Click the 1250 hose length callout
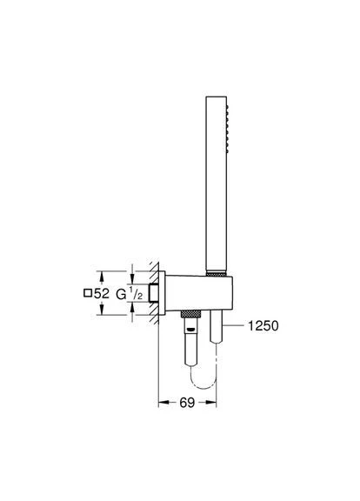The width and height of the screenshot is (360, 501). coord(263,325)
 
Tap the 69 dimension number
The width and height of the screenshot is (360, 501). coord(187,403)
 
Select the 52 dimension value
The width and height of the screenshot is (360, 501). coord(102,293)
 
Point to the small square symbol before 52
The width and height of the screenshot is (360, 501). coord(88,293)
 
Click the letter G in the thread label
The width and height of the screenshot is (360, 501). coord(121,294)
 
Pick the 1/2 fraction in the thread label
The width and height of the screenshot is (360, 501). coord(136,294)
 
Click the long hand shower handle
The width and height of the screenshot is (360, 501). coord(217,184)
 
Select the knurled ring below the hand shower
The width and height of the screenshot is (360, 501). coord(217,274)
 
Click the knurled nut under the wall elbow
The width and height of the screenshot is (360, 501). coord(190,313)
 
